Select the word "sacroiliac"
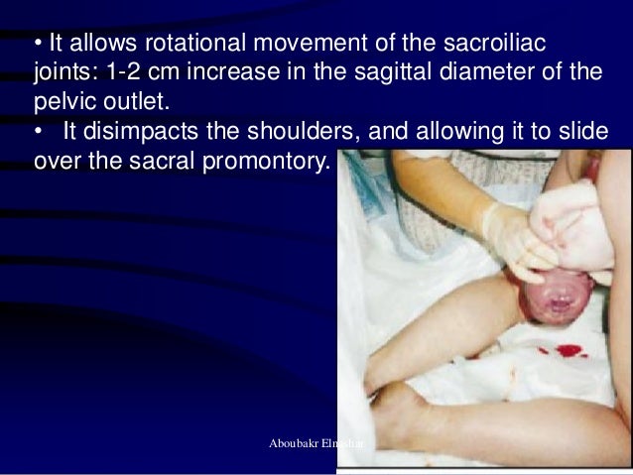[485, 47]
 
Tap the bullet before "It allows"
[37, 47]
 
